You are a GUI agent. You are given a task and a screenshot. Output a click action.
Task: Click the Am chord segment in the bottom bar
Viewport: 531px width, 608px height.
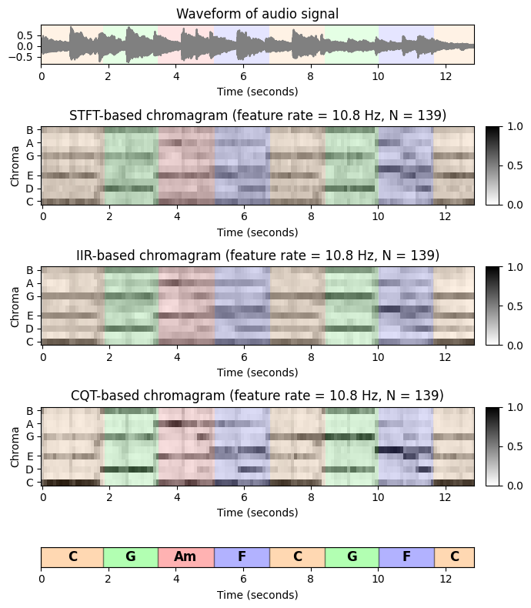(x=185, y=557)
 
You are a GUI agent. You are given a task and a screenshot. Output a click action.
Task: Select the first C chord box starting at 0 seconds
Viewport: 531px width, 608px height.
(x=72, y=557)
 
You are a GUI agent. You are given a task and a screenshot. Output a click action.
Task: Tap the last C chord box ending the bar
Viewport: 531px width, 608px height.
(x=454, y=557)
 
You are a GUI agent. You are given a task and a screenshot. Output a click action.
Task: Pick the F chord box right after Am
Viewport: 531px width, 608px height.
(x=242, y=557)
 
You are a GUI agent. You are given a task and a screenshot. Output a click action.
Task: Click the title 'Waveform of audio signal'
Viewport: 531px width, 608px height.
(x=257, y=14)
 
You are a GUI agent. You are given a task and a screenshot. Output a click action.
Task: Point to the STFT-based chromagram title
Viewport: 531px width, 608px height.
(x=257, y=115)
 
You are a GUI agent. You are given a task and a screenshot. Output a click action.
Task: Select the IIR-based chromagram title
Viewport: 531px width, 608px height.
(x=257, y=256)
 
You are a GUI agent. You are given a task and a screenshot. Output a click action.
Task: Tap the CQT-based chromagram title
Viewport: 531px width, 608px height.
(x=257, y=396)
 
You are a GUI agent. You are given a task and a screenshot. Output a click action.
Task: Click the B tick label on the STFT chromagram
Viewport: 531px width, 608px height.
(x=30, y=130)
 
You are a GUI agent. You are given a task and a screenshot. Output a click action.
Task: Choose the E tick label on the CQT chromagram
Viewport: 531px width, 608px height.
(x=30, y=456)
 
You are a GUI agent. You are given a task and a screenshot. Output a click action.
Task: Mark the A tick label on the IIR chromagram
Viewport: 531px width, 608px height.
(x=30, y=283)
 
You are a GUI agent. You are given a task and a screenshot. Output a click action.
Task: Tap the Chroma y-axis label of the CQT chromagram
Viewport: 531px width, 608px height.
(x=15, y=446)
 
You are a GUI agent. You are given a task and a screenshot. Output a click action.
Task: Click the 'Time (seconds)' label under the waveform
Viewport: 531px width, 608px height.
(x=257, y=92)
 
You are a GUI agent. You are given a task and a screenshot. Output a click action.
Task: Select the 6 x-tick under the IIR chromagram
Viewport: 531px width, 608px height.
(x=243, y=358)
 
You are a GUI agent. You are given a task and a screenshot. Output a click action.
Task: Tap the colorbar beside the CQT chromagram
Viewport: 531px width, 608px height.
(x=493, y=446)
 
